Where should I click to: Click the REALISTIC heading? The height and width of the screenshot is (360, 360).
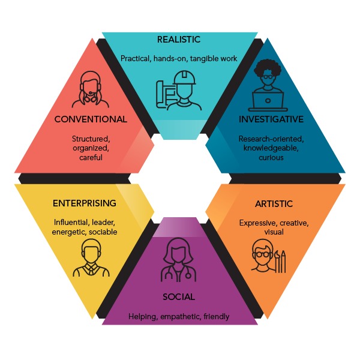coord(178,40)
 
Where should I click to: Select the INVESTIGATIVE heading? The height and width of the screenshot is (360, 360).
coord(271,119)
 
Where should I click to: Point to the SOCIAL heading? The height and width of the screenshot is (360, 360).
coord(178,296)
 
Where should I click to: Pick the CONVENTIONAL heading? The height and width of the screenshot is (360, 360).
coord(91,119)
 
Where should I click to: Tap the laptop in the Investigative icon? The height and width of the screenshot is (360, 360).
coord(267,98)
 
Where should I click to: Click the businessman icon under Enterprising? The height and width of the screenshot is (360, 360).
coord(91,258)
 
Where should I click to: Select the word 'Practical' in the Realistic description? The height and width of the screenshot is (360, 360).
coord(136,58)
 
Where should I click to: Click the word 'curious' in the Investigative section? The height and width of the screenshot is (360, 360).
coord(271,157)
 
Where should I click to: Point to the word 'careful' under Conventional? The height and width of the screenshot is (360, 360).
coord(91,157)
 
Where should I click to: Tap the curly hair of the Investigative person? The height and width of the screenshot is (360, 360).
coord(267,68)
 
